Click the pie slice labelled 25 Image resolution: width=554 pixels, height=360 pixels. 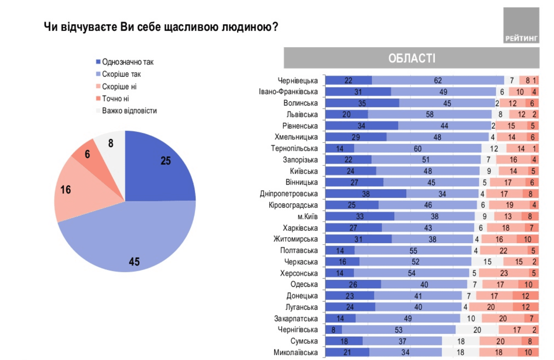[158, 168]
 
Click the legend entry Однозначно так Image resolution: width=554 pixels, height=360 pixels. [125, 62]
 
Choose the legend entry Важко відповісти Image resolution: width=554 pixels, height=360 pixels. [126, 111]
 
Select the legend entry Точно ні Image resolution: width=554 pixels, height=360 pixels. [113, 98]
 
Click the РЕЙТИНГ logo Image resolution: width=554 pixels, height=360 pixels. [521, 25]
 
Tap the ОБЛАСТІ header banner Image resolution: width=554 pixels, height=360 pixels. [411, 58]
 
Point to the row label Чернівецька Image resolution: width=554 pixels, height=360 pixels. [297, 81]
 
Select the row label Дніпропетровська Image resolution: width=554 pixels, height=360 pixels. [288, 194]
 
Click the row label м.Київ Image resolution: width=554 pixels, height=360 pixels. [307, 216]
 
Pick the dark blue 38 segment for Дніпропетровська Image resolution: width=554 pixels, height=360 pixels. [366, 194]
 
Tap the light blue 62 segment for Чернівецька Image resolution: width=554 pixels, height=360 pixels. [438, 81]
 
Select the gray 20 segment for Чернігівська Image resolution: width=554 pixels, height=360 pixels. [477, 330]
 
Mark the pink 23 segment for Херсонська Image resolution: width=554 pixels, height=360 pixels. [504, 273]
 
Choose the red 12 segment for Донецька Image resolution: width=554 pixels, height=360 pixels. [525, 296]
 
